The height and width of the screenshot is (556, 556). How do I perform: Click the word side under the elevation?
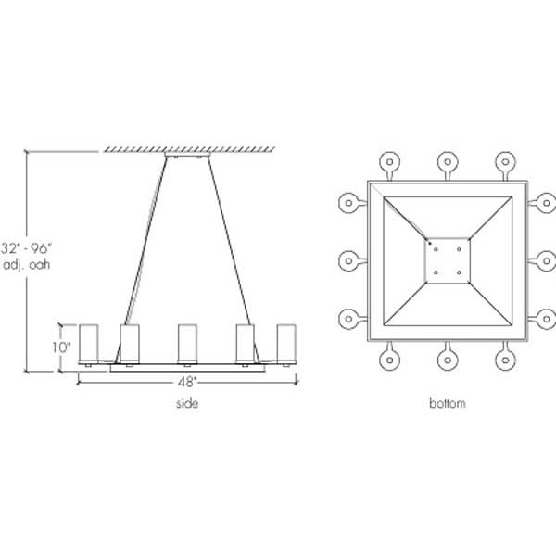click(186, 404)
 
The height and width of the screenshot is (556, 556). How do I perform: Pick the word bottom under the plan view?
click(448, 404)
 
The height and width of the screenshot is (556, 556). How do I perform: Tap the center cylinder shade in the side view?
click(187, 343)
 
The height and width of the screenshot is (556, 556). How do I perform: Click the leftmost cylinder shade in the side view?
click(90, 343)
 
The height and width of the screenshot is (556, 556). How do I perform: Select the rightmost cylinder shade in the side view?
click(286, 343)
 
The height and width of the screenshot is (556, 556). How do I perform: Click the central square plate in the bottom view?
click(448, 260)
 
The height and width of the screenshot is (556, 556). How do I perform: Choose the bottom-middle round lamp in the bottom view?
click(448, 360)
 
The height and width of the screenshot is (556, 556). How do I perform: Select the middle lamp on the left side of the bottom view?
click(347, 260)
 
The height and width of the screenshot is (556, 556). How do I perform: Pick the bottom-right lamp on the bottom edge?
click(506, 360)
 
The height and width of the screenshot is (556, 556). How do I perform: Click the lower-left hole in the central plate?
click(436, 272)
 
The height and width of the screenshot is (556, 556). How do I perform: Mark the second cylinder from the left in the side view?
click(130, 343)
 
